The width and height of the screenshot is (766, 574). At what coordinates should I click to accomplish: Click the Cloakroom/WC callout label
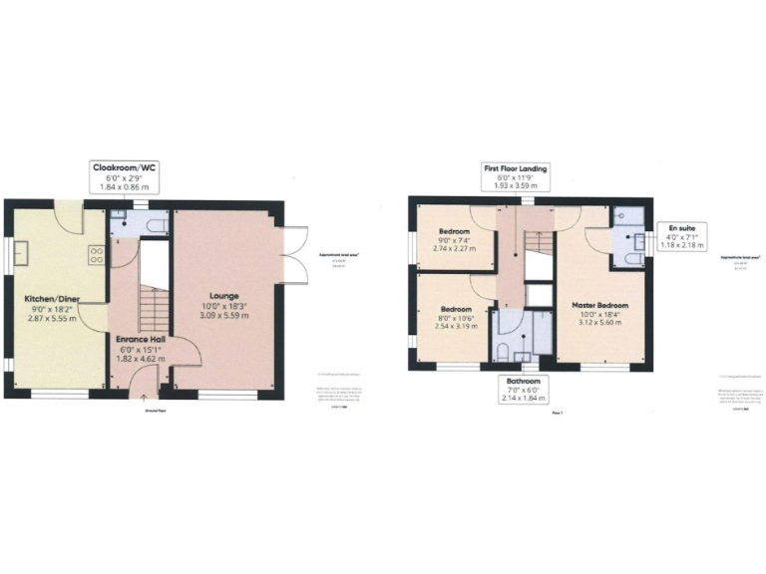coord(125,176)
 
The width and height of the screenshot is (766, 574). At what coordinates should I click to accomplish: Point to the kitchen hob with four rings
coord(96,254)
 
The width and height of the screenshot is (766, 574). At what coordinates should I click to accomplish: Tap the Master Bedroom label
coord(599,304)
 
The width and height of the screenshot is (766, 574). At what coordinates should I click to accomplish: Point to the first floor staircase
coord(538,244)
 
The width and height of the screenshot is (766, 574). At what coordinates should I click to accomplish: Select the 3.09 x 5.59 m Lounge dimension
coord(223,316)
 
